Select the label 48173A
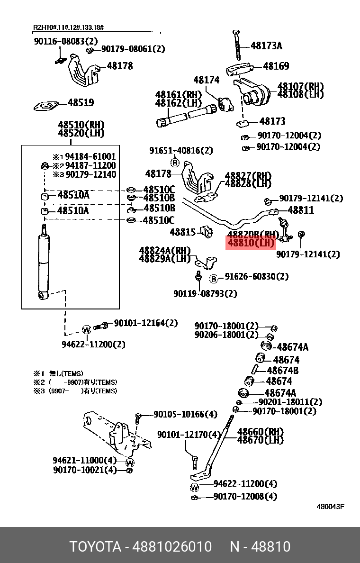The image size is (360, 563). tap(266, 46)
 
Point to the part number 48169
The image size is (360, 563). tap(276, 66)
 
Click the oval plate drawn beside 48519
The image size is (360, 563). tap(46, 106)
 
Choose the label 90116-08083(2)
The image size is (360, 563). tap(65, 41)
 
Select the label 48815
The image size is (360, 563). tap(183, 232)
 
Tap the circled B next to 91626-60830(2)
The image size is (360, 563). tap(214, 278)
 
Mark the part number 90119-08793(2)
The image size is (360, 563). tap(205, 294)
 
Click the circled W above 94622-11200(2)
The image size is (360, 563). tap(87, 329)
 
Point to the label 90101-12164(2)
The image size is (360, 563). tap(145, 323)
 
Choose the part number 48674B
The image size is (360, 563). tap(282, 371)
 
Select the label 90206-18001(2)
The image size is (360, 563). tap(226, 335)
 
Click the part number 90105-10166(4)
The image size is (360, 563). tap(185, 414)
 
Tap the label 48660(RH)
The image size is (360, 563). tap(260, 432)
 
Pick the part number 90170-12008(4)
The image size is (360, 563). tap(245, 496)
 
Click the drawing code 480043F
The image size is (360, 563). tap(330, 506)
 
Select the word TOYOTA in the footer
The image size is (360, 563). tap(95, 546)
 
